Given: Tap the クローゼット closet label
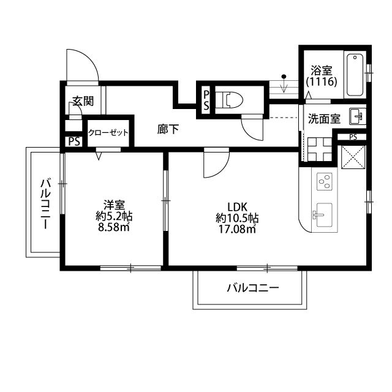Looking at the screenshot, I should pos(108,132).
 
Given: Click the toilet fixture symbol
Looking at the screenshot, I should pos(232,99).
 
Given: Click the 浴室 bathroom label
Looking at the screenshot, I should pos(320,70).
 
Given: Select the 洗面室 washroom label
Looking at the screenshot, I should pos(324,119).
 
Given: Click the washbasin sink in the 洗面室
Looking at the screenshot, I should pos(356,115).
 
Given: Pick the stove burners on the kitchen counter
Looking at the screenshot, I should pos(324,182).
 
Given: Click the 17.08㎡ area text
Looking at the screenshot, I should pos(236,229).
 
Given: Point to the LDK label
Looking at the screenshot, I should pos(236,206).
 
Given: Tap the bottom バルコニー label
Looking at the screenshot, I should pos(252,288).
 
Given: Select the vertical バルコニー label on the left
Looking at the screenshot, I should pos(45,203).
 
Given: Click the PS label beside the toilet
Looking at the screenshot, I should pos(206,99).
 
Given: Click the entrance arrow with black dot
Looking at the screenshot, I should pos(284,83).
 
